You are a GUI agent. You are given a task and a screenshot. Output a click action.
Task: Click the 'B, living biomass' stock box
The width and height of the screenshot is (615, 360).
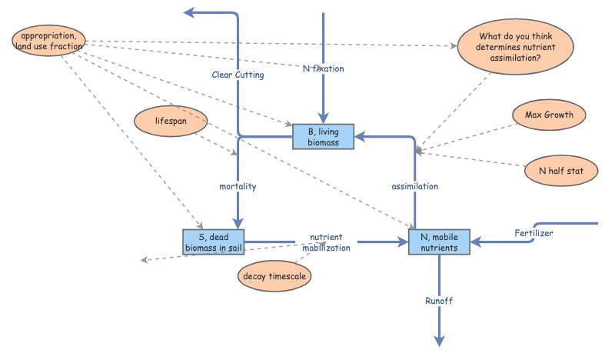[322, 136]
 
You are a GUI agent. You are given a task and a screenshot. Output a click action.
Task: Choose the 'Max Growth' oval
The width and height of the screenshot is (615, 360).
[549, 116]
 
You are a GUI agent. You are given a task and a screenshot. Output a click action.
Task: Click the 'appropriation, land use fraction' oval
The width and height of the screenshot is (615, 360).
[48, 41]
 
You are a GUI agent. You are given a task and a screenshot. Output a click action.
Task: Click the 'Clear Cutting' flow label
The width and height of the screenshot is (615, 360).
[238, 75]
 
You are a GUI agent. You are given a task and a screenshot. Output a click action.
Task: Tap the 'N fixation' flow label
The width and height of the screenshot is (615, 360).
[323, 68]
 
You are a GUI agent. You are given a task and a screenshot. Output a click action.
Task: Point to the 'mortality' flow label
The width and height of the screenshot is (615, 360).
[238, 187]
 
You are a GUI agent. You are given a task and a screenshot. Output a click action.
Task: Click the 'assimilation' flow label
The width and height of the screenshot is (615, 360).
[415, 187]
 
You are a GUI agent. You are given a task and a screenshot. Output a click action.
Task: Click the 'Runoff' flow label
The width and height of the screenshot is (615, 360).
[439, 301]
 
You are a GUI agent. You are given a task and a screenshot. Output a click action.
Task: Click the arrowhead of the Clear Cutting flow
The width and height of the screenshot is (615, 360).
[189, 12]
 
